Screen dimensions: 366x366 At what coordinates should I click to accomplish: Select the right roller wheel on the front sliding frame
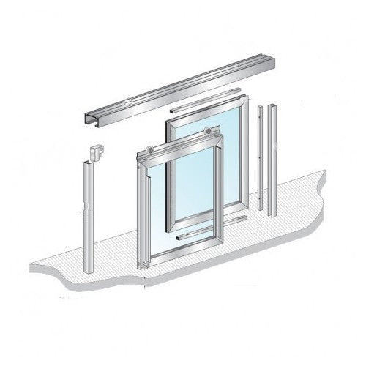pos(211,132)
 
